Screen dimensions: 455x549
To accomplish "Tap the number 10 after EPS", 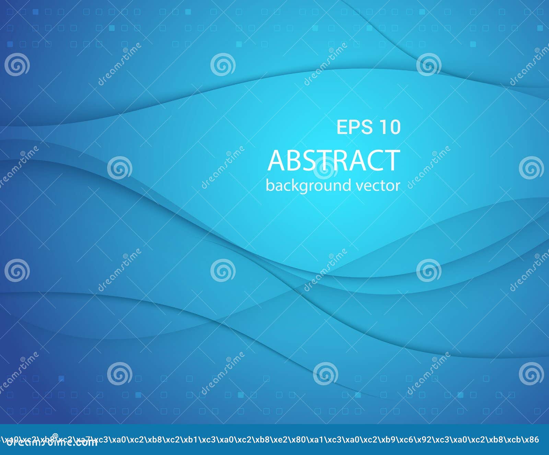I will (390, 127).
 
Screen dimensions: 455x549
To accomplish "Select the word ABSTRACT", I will (334, 160).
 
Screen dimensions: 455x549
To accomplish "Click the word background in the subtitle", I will (308, 186).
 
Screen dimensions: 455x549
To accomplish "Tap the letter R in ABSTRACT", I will (341, 160).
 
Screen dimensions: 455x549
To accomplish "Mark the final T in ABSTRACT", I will (392, 160).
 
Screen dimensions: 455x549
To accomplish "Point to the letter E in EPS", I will (342, 127).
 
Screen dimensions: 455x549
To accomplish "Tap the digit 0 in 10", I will (395, 127).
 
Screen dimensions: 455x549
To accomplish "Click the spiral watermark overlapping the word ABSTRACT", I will (325, 168).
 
